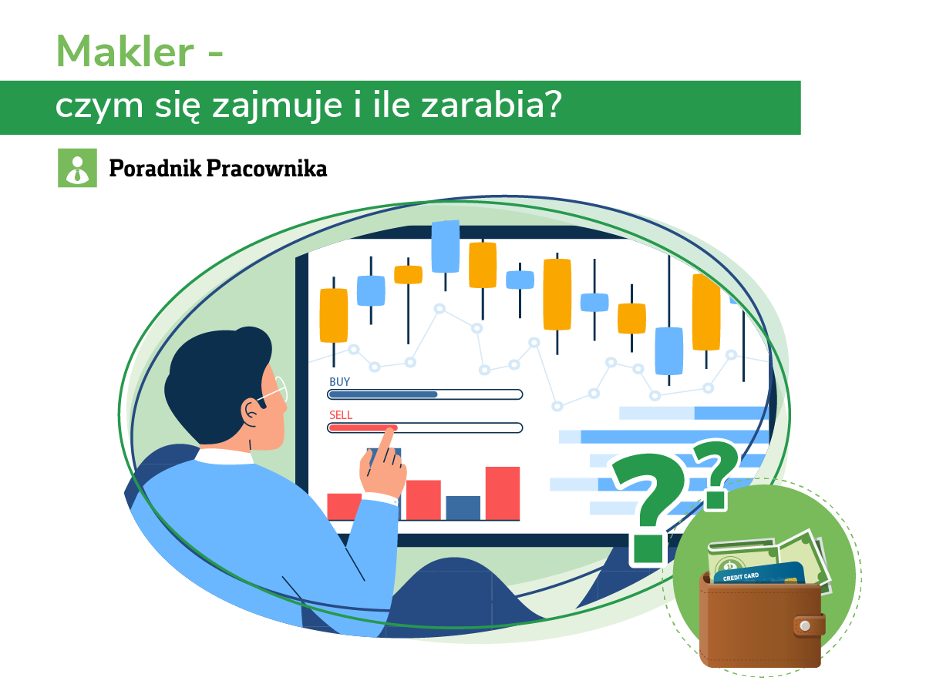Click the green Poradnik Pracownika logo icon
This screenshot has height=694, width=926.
pyautogui.click(x=77, y=167)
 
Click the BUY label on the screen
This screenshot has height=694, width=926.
pyautogui.click(x=339, y=381)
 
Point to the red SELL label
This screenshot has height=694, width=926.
pyautogui.click(x=341, y=414)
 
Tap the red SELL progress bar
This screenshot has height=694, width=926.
pyautogui.click(x=362, y=427)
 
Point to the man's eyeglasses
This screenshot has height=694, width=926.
pyautogui.click(x=274, y=393)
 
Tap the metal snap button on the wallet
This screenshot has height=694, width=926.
pyautogui.click(x=805, y=625)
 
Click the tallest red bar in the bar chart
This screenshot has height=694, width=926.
pyautogui.click(x=502, y=493)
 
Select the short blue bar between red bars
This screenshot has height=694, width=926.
pyautogui.click(x=463, y=508)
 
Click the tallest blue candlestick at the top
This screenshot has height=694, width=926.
pyautogui.click(x=445, y=246)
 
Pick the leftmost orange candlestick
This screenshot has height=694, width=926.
pyautogui.click(x=334, y=315)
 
